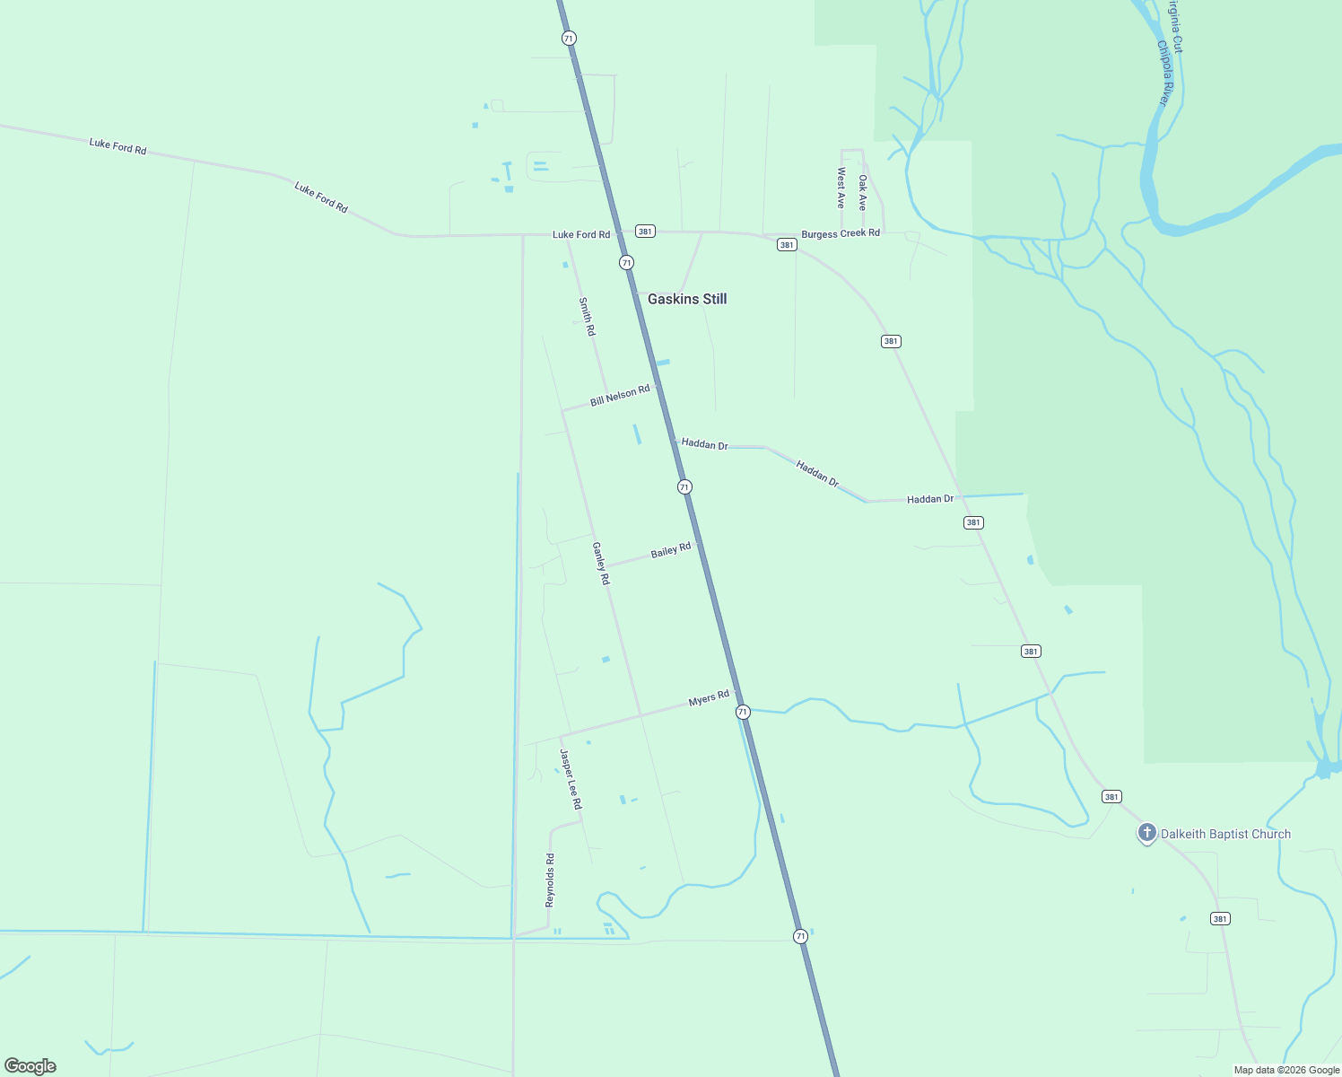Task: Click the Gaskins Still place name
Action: [687, 299]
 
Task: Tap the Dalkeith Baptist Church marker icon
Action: [1146, 833]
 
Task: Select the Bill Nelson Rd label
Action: [620, 396]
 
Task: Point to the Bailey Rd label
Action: [671, 550]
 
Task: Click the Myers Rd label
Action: [709, 698]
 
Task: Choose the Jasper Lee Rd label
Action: [571, 779]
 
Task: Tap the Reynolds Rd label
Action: [550, 880]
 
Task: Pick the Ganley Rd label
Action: [601, 564]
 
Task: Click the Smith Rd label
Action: [587, 317]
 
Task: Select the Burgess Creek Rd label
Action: [841, 233]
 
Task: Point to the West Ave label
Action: [841, 188]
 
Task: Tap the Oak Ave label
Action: [863, 192]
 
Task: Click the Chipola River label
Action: [1163, 73]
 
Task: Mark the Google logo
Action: [30, 1066]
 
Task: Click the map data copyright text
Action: [1286, 1070]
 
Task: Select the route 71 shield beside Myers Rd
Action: [743, 712]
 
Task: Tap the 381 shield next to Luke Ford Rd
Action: [645, 232]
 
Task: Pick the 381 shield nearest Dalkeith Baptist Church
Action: [1111, 797]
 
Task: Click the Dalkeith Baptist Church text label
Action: [1225, 834]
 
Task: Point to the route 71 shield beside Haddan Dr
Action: [684, 486]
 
